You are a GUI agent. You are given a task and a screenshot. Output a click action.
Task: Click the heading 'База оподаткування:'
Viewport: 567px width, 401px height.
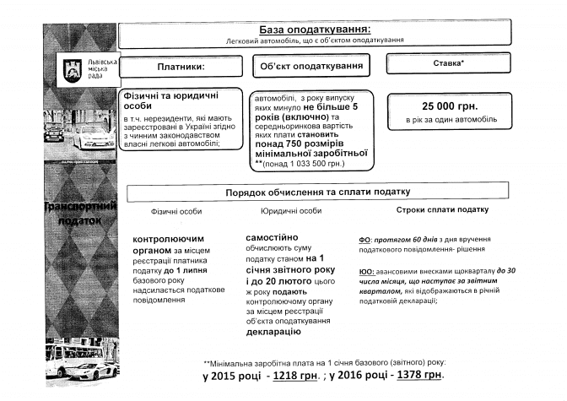[x=316, y=29]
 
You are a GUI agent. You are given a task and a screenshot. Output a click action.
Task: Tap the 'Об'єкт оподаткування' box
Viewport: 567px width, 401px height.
[x=312, y=66]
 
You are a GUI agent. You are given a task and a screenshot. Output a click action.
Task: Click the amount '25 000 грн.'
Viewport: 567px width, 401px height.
[x=450, y=106]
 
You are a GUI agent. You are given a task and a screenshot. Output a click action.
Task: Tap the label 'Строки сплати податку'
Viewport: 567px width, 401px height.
[x=442, y=209]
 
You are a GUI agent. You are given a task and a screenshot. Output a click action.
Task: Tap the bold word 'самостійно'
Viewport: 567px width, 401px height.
[x=272, y=238]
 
